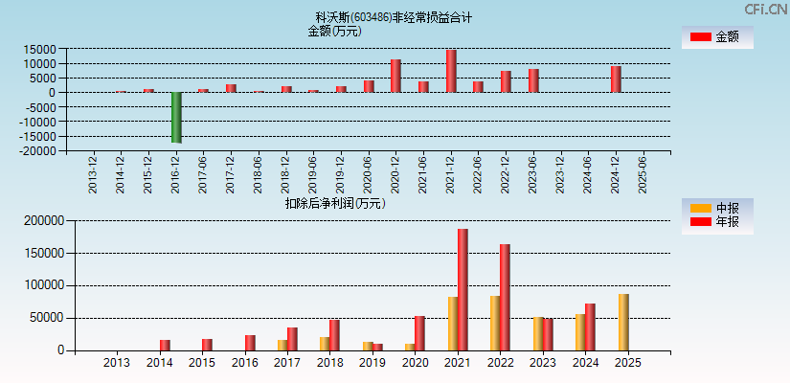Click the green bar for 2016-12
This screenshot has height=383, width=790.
176,117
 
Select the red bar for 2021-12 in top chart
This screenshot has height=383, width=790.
451,71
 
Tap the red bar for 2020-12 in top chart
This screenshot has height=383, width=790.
395,76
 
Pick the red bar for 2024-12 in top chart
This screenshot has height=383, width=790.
616,79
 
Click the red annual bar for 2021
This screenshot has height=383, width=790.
463,289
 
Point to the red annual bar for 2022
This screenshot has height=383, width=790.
505,297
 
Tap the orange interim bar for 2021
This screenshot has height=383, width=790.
452,324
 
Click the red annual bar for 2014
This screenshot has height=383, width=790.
165,345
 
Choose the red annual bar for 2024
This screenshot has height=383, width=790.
590,327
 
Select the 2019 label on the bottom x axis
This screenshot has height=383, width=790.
372,363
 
